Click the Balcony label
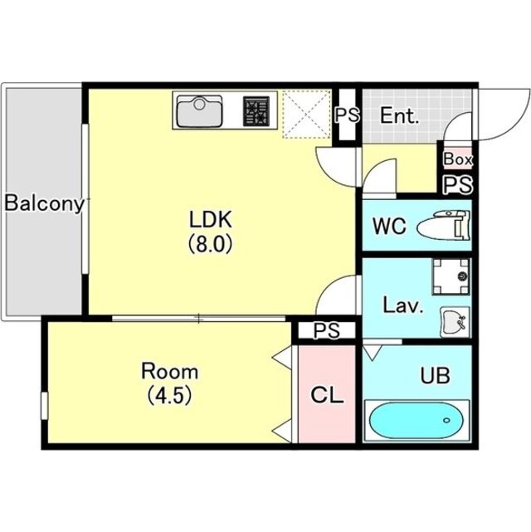click(x=44, y=203)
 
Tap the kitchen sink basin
click(x=199, y=111)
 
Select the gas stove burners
click(x=256, y=111)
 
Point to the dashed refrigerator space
click(x=306, y=114)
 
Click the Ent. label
click(x=399, y=115)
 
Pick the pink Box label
click(x=458, y=159)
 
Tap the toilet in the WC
click(x=444, y=225)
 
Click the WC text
click(x=389, y=226)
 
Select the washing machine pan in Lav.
click(x=451, y=276)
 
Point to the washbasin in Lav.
click(x=455, y=322)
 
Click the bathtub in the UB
click(x=417, y=421)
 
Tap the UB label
click(x=435, y=376)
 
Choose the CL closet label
click(x=327, y=395)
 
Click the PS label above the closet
click(x=326, y=330)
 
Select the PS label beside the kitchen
click(x=347, y=115)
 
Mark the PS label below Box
click(x=458, y=185)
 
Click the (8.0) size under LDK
click(x=210, y=244)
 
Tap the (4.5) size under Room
click(x=169, y=395)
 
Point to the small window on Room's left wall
click(x=45, y=406)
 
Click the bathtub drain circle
click(x=446, y=421)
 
